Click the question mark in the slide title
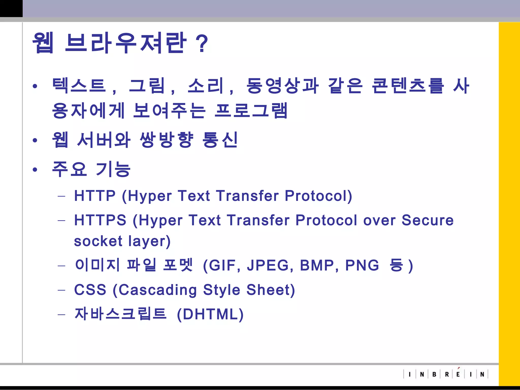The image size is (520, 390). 202,44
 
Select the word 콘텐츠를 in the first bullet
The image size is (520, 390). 408,86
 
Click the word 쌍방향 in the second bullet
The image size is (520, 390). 167,140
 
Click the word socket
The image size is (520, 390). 98,241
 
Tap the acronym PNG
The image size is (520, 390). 362,265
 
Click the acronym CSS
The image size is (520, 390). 90,290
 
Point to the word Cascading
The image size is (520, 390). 158,290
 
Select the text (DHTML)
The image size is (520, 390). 210,314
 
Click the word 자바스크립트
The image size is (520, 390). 120,314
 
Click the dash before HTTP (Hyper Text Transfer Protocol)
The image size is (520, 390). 61,196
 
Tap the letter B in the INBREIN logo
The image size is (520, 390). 434,374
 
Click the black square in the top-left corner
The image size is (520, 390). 11,8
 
